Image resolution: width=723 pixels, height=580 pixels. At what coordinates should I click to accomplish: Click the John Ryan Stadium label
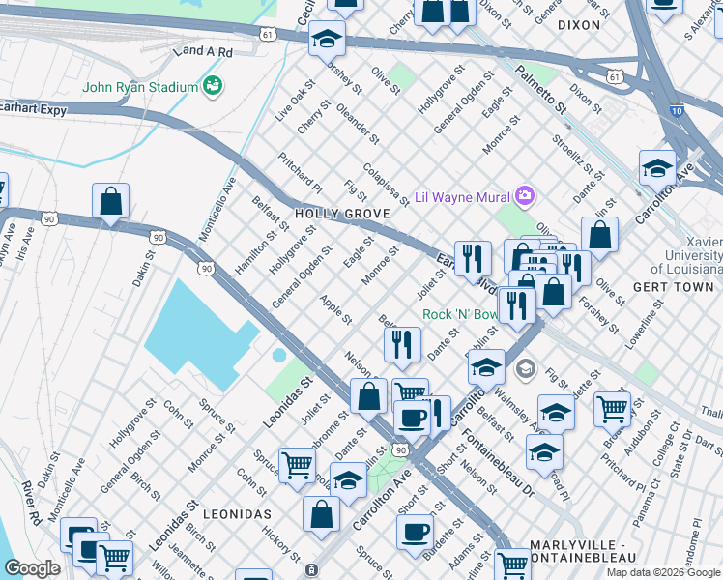pyautogui.click(x=140, y=88)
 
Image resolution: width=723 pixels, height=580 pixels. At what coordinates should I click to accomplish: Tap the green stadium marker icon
pyautogui.click(x=212, y=88)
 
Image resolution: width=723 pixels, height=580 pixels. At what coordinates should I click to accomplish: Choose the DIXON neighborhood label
pyautogui.click(x=579, y=26)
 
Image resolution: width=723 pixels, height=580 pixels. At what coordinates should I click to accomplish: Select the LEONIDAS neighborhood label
pyautogui.click(x=231, y=514)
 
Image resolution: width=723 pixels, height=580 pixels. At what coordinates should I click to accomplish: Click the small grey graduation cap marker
pyautogui.click(x=525, y=367)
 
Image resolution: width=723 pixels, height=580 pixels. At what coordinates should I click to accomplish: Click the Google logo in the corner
pyautogui.click(x=32, y=568)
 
